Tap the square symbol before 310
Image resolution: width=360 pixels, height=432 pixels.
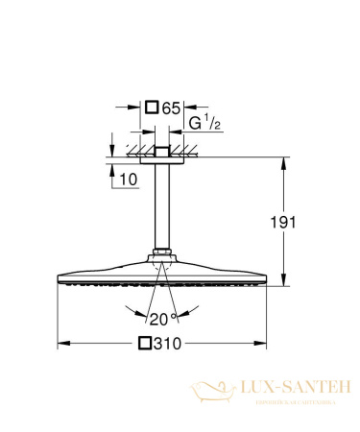tap(147, 343)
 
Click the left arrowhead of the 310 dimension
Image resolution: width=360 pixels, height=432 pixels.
tap(62, 343)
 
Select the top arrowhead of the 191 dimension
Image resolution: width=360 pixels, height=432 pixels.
tap(284, 161)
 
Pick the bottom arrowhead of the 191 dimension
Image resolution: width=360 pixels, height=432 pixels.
tap(284, 282)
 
